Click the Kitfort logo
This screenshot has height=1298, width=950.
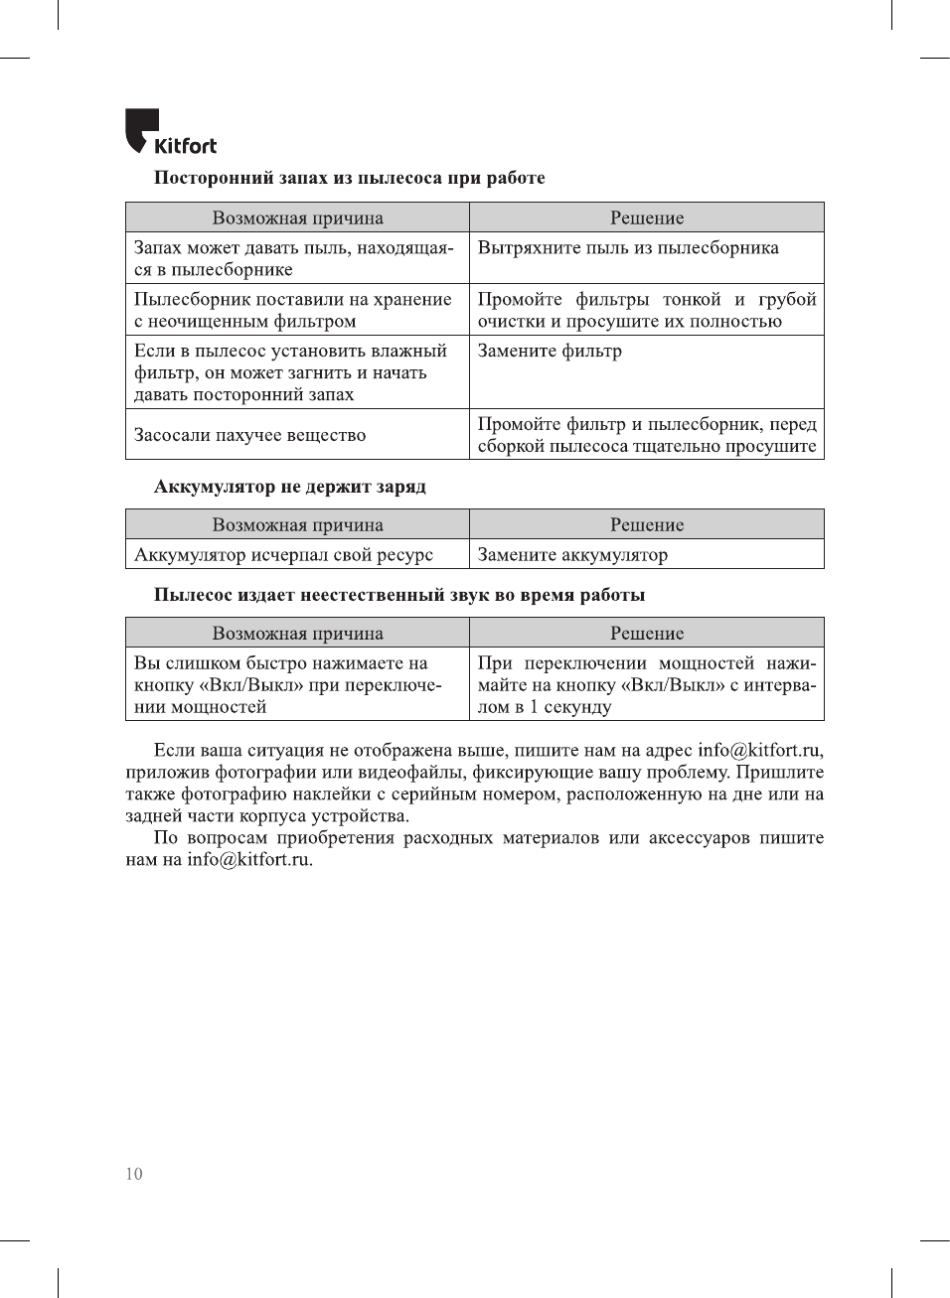click(x=170, y=133)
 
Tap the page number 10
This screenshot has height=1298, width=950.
click(x=134, y=1174)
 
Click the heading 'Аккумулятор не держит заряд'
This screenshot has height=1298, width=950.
click(x=289, y=487)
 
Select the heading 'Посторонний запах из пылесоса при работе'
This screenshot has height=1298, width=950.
click(x=349, y=178)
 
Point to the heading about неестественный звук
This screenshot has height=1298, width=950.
click(x=398, y=595)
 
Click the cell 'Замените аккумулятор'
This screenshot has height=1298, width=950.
click(x=572, y=554)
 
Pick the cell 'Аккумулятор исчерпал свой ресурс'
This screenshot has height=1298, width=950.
click(x=283, y=554)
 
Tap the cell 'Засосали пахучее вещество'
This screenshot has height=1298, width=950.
click(x=249, y=435)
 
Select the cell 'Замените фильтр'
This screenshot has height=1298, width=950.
click(x=550, y=351)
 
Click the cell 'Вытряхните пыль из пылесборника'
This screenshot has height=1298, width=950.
click(x=628, y=247)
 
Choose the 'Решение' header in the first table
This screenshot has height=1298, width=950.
click(x=647, y=217)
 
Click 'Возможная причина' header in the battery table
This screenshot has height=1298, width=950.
click(x=297, y=524)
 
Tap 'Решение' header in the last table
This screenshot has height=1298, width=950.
click(x=647, y=633)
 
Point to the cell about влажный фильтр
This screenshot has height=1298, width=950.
click(x=290, y=372)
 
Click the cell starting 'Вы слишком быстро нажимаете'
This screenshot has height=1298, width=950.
click(x=287, y=684)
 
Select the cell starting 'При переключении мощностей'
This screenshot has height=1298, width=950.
click(x=647, y=684)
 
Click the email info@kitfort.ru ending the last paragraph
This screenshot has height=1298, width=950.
click(x=249, y=859)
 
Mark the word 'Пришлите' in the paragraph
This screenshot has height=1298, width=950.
click(x=779, y=772)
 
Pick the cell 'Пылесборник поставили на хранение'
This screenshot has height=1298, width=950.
click(x=292, y=310)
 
